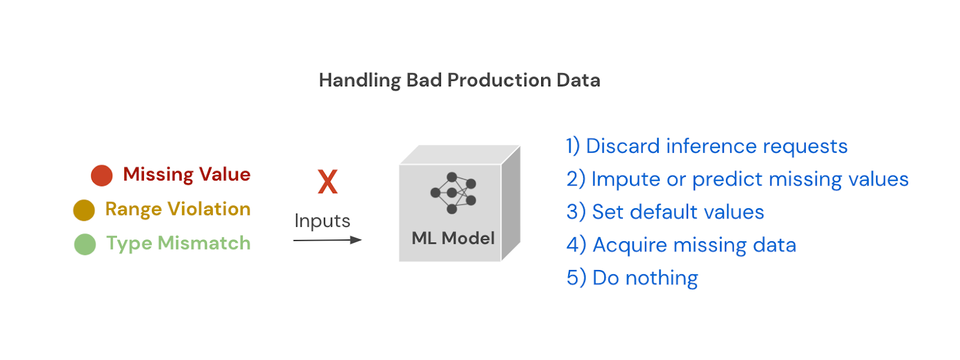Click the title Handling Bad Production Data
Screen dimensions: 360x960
459,80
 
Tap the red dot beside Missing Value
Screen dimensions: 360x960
102,176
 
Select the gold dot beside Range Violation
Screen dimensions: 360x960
84,210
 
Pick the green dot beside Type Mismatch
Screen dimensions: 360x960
85,244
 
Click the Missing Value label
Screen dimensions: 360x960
187,175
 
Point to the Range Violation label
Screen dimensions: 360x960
178,209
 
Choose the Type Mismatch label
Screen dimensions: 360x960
178,243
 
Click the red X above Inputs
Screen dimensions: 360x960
328,182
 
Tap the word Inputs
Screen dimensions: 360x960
322,221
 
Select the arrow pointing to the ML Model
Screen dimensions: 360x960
327,240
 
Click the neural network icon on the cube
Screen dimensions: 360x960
453,193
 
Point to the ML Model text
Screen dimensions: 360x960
453,238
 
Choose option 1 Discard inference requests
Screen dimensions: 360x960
706,146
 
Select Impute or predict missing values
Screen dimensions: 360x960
737,179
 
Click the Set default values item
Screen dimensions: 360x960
665,212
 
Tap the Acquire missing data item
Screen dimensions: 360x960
681,245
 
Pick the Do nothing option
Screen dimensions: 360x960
632,278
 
